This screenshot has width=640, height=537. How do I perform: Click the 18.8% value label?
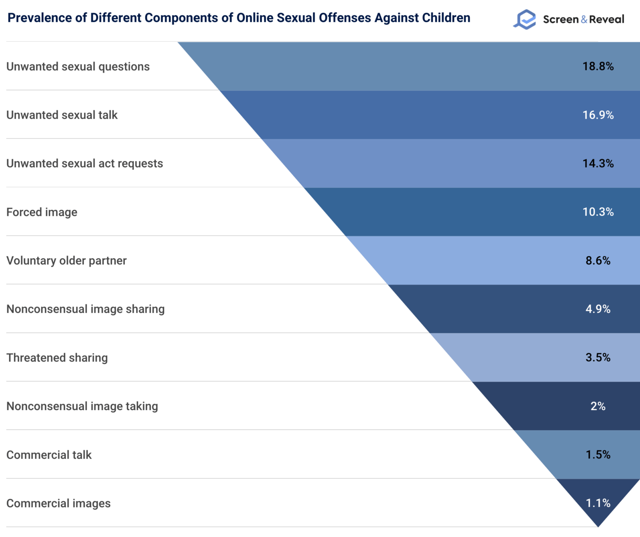pyautogui.click(x=598, y=66)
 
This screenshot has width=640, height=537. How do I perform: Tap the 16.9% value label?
pyautogui.click(x=598, y=115)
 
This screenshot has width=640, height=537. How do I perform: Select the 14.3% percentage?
pyautogui.click(x=598, y=163)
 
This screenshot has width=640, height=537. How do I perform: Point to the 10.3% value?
pyautogui.click(x=598, y=212)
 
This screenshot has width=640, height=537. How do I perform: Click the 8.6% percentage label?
pyautogui.click(x=598, y=260)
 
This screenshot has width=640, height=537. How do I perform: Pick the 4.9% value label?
pyautogui.click(x=598, y=309)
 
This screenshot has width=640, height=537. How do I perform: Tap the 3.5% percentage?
pyautogui.click(x=598, y=357)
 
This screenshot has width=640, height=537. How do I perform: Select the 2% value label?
pyautogui.click(x=598, y=406)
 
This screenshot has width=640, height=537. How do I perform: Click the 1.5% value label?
pyautogui.click(x=598, y=454)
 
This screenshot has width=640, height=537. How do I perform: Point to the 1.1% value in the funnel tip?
pyautogui.click(x=598, y=503)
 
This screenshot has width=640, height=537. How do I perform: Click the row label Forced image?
pyautogui.click(x=42, y=212)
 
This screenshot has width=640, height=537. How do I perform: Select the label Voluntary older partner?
pyautogui.click(x=66, y=261)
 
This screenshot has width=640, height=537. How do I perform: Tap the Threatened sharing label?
pyautogui.click(x=57, y=357)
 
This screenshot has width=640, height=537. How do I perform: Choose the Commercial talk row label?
pyautogui.click(x=49, y=455)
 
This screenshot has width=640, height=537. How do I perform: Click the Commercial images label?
pyautogui.click(x=58, y=503)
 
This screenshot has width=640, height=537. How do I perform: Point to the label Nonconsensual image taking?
pyautogui.click(x=82, y=406)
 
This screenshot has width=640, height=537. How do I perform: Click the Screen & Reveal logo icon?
pyautogui.click(x=525, y=19)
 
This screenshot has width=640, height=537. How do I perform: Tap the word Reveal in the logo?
pyautogui.click(x=607, y=19)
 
